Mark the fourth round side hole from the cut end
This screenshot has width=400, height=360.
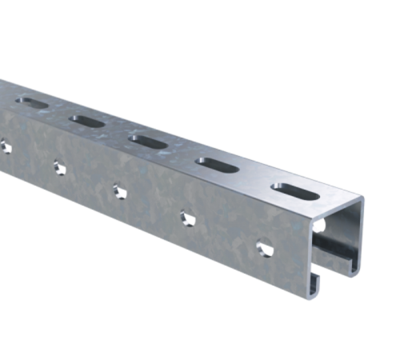pos(58,166)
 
